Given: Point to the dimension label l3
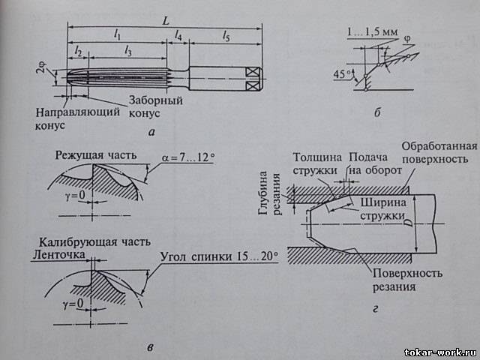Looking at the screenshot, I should pos(127,50).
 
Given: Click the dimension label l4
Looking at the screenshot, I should pos(178,34).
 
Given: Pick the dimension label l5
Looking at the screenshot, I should pos(226,34).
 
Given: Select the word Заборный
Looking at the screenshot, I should pos(155,100).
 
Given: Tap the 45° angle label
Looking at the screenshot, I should pos(343,73).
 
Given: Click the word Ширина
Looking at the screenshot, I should pos(383,202).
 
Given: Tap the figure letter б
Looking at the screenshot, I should pos(378,112).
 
